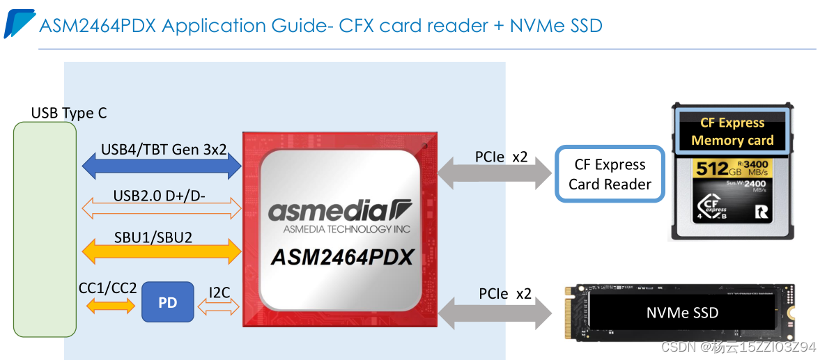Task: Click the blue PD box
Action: coord(167,302)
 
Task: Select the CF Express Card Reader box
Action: coord(610,174)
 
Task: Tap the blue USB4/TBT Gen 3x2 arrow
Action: coord(162,166)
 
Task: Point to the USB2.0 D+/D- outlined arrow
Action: coord(162,207)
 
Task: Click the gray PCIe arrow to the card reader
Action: coord(488,173)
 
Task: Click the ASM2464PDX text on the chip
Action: coord(341,257)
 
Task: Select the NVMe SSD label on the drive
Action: coord(682,313)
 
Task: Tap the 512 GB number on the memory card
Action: coord(712,169)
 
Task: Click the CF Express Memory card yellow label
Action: coord(732,132)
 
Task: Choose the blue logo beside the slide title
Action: coord(20,24)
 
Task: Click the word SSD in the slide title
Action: coord(582,26)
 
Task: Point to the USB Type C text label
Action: coord(69,113)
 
